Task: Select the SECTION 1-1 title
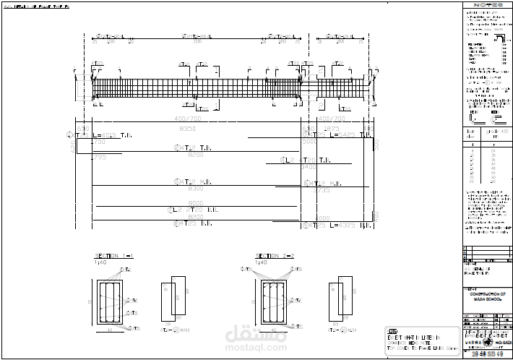click(x=114, y=256)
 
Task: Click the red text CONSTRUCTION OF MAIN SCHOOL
click(x=488, y=295)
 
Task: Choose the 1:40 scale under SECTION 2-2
click(x=262, y=262)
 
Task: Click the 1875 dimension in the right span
click(x=331, y=128)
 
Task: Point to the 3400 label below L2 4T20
click(x=308, y=167)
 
